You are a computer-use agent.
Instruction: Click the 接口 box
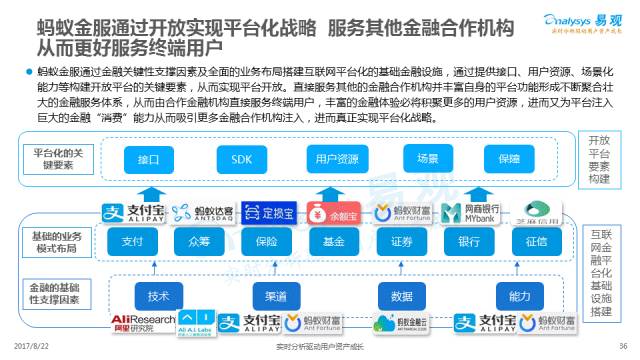point(150,159)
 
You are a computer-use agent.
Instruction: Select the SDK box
point(242,159)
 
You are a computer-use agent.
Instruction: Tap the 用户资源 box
point(336,159)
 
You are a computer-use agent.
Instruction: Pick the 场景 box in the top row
point(428,159)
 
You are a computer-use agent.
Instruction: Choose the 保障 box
point(508,159)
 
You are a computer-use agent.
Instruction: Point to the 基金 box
point(334,241)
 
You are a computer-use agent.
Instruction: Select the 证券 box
point(402,241)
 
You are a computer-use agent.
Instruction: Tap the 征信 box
point(536,241)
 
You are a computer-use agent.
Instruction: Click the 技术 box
point(158,296)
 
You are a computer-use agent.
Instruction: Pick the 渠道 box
point(278,296)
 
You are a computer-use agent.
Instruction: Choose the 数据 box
point(402,296)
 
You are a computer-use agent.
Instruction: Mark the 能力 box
point(519,296)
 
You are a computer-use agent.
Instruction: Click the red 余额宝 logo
point(333,212)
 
